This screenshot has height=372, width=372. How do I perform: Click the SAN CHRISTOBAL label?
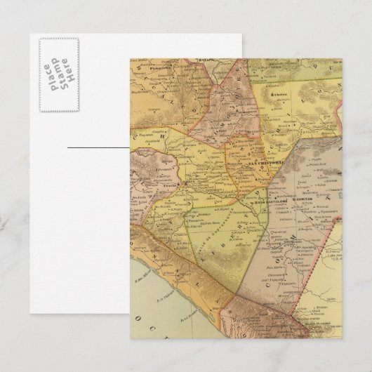[x=264, y=164]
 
